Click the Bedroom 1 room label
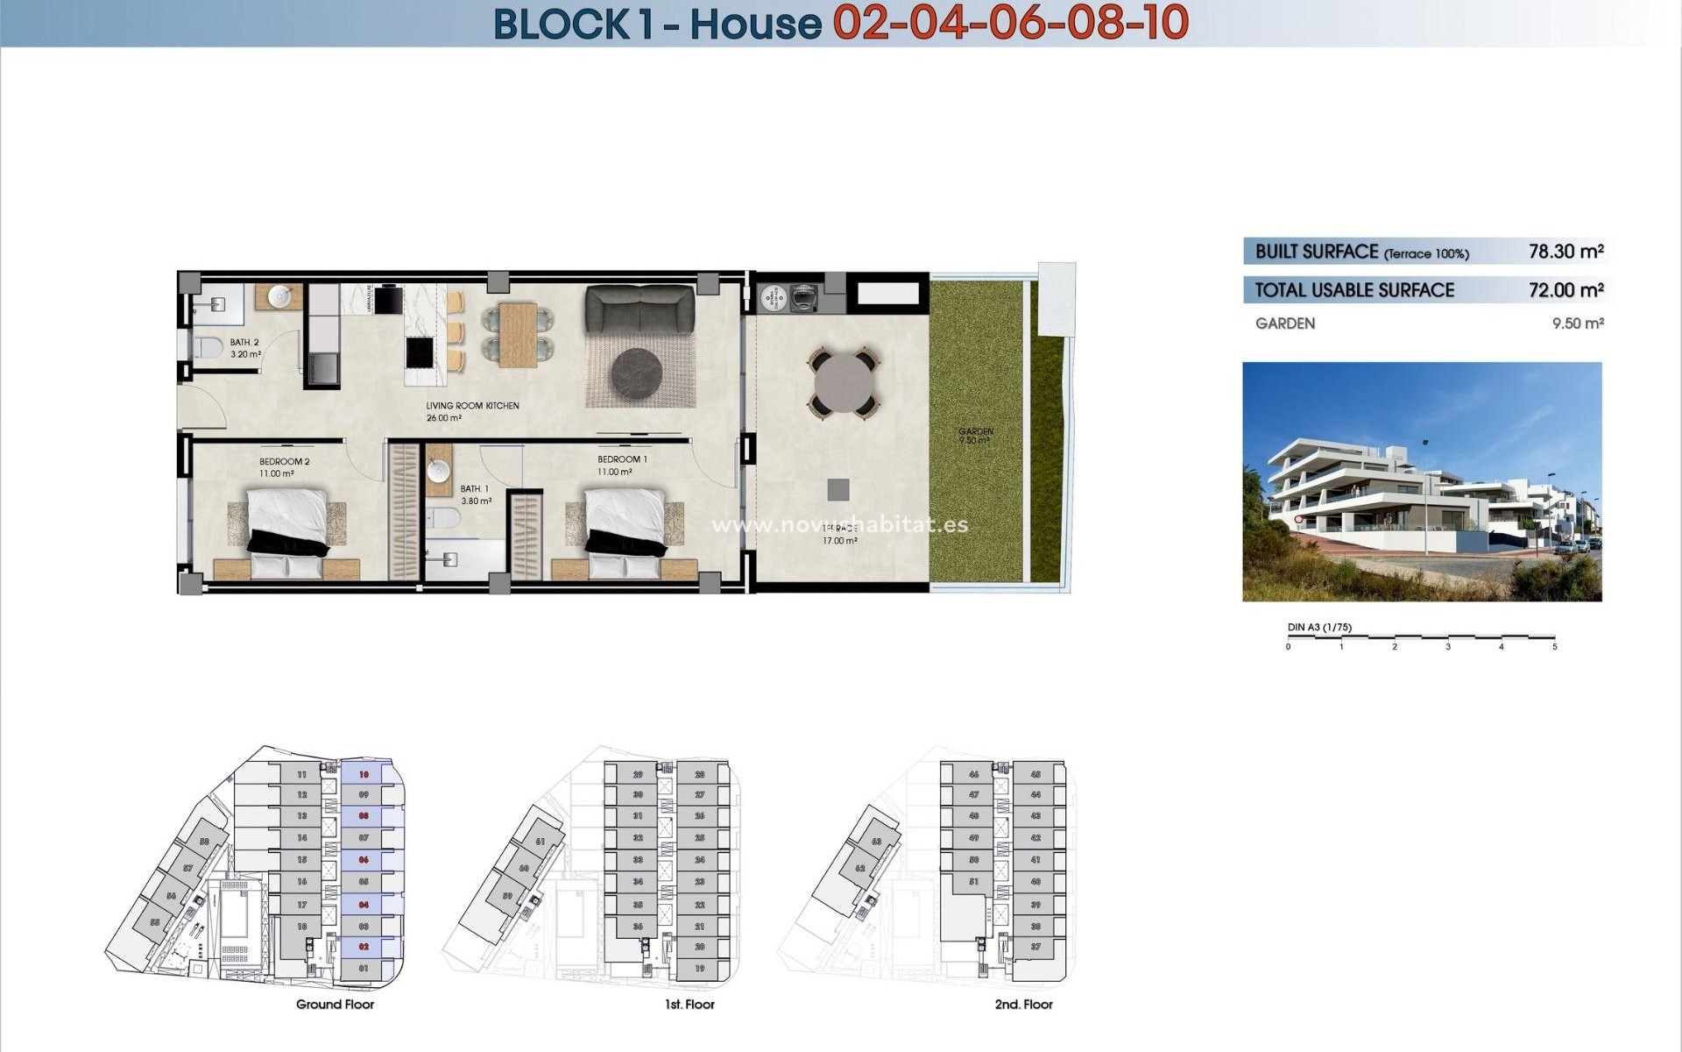click(x=622, y=459)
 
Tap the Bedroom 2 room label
click(x=284, y=461)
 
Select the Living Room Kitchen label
click(x=472, y=406)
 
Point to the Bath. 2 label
click(x=244, y=343)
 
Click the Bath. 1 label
click(x=474, y=489)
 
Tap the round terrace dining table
click(x=844, y=383)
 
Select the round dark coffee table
click(x=637, y=373)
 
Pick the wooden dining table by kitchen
click(x=518, y=334)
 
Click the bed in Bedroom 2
click(x=287, y=534)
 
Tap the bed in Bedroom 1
click(x=625, y=534)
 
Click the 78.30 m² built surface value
click(x=1565, y=252)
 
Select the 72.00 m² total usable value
click(x=1565, y=290)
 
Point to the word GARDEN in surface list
click(x=1284, y=323)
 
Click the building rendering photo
click(x=1422, y=481)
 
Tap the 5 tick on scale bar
click(x=1554, y=646)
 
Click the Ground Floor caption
click(x=335, y=1005)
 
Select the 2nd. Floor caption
click(x=1023, y=1005)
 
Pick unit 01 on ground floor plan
click(x=364, y=969)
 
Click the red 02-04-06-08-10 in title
click(x=1010, y=23)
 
